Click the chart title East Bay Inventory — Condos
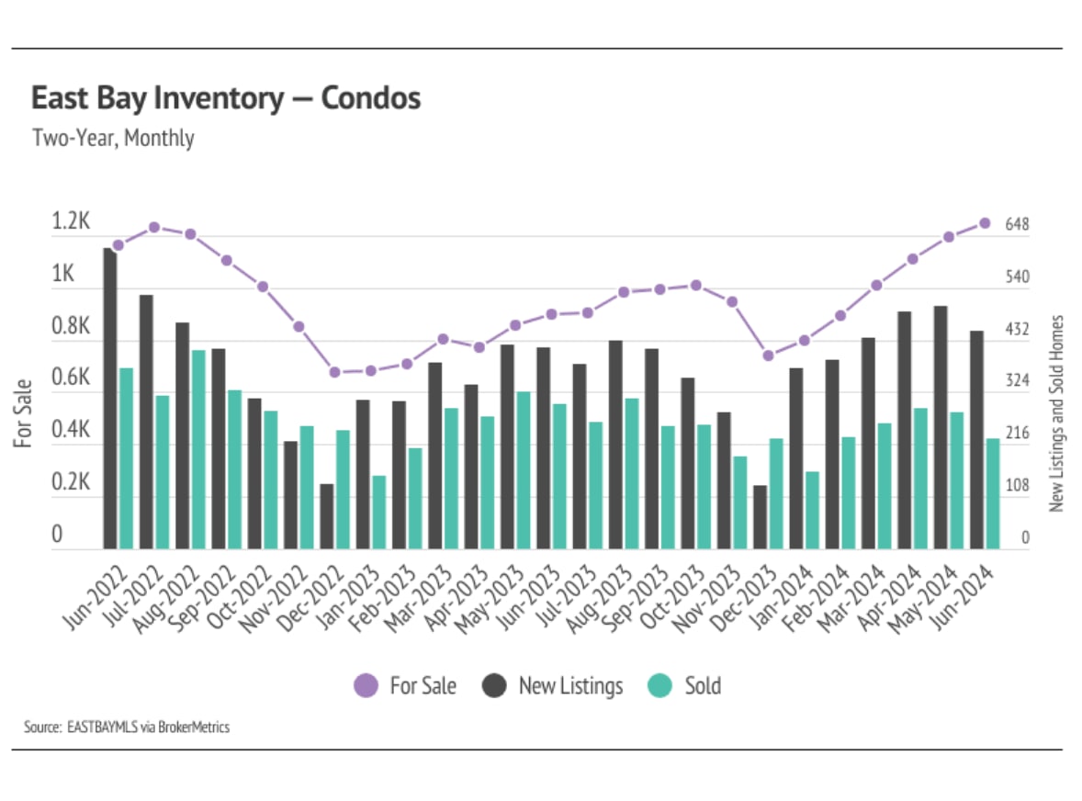(x=226, y=98)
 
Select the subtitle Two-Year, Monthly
(x=113, y=139)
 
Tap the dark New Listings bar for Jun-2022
(x=110, y=399)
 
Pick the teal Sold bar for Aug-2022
(x=198, y=449)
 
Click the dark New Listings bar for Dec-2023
(x=760, y=517)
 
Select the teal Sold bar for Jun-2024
(x=992, y=493)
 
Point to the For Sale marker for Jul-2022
(x=154, y=227)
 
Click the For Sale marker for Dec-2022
(x=335, y=372)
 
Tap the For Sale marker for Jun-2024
(x=984, y=223)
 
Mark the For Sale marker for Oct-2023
(x=695, y=286)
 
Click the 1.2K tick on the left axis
(x=71, y=222)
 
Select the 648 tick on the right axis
(x=1017, y=225)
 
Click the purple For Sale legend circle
(x=366, y=685)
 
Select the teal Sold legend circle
(x=660, y=685)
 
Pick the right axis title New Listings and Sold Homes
(x=1056, y=413)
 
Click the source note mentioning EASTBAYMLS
(x=127, y=728)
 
